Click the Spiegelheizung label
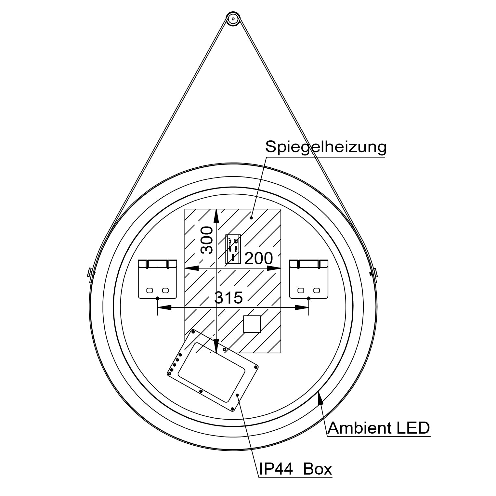(326, 147)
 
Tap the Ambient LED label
(379, 428)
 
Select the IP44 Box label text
(295, 469)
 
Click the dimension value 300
(207, 240)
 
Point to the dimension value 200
(258, 259)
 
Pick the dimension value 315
(229, 297)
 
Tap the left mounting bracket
(158, 279)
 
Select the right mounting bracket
(308, 279)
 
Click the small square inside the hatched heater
(252, 324)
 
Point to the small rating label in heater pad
(233, 249)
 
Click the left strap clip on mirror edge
(89, 272)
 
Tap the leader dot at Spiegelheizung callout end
(251, 217)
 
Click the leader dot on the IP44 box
(238, 395)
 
